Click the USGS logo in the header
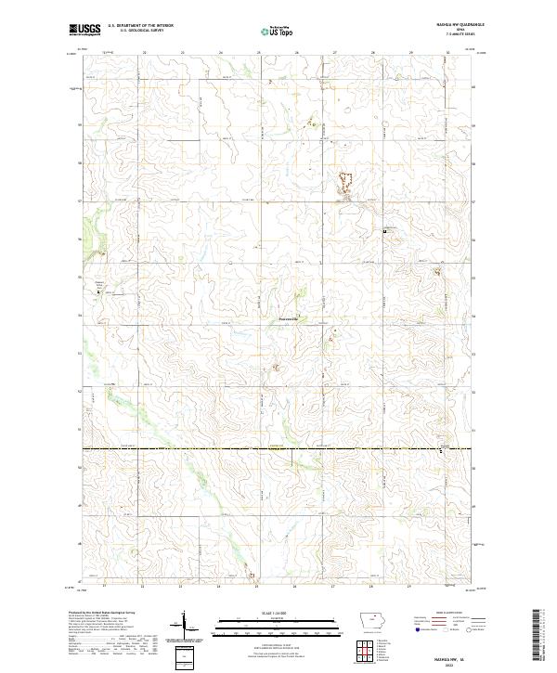(85, 30)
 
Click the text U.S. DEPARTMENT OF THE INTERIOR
(141, 26)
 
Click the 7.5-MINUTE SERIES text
(459, 35)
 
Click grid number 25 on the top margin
(258, 53)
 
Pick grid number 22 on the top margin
(145, 53)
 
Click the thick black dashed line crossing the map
(278, 450)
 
